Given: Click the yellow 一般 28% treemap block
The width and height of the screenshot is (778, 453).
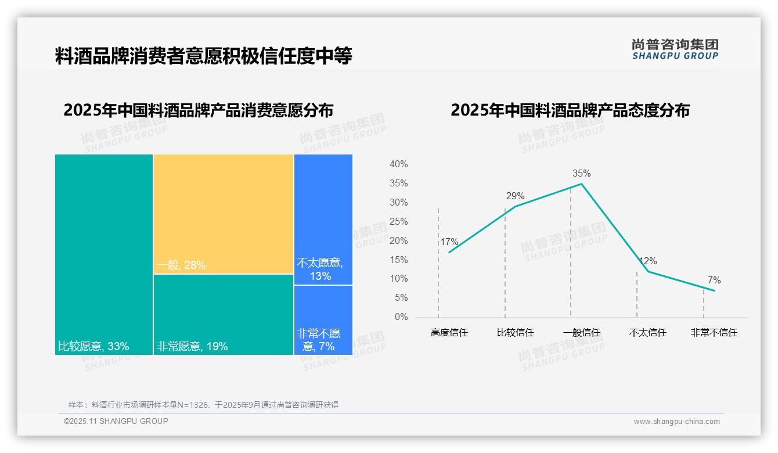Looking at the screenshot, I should tap(224, 214).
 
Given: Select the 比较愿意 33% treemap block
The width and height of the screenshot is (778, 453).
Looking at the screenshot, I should tap(104, 254).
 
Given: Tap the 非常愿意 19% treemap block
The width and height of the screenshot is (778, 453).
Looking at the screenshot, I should tap(224, 314).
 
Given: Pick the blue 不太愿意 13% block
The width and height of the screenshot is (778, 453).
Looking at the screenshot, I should tap(323, 220).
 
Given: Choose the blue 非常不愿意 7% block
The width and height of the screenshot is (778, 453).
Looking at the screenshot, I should tap(323, 319).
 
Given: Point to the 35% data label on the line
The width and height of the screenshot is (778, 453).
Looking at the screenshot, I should tap(581, 173).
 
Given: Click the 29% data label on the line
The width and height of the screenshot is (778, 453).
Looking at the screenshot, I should tap(515, 196).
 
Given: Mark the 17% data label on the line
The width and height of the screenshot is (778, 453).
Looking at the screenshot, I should tap(449, 242).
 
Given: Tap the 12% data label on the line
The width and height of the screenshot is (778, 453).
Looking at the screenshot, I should tap(647, 261).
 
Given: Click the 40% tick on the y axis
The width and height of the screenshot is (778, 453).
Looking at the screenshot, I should tap(398, 164).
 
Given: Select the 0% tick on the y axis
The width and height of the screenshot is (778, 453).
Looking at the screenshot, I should tap(401, 317).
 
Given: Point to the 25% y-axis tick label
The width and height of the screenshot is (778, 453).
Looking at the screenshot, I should tap(398, 221).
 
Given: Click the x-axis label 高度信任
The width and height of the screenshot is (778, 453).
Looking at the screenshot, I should tap(449, 333).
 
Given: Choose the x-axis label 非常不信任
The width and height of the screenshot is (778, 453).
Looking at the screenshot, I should tap(714, 333).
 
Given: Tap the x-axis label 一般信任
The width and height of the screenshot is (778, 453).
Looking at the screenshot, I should tap(581, 333).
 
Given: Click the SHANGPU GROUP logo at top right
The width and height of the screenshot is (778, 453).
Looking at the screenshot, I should tap(675, 49).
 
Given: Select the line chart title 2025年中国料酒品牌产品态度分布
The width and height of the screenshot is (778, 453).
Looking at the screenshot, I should tap(570, 110).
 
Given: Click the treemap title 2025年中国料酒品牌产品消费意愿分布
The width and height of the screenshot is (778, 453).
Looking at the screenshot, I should tap(198, 110).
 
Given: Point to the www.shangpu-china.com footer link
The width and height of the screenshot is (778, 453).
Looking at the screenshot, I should tap(676, 422).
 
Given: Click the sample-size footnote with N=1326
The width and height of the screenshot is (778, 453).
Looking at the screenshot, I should tap(203, 405).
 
